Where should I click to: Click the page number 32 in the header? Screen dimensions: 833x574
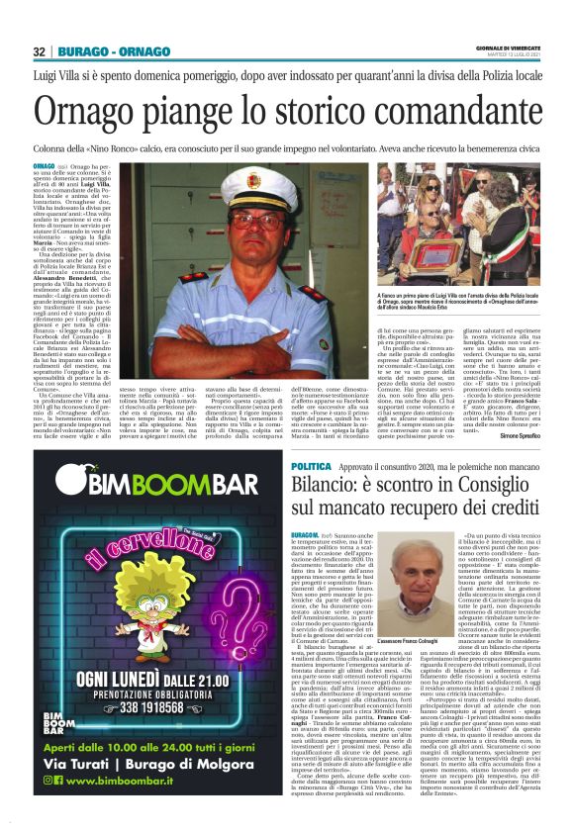(x=40, y=51)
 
